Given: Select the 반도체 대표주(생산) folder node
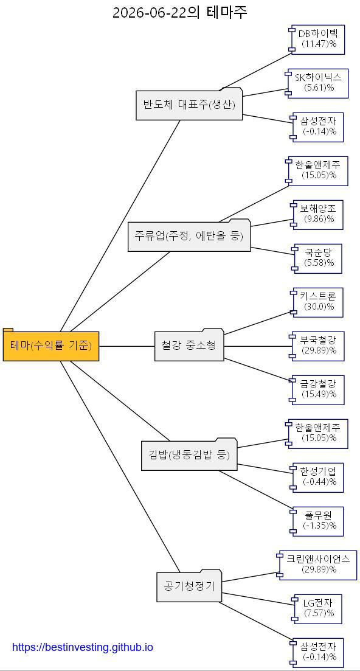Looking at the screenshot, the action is click(x=189, y=104).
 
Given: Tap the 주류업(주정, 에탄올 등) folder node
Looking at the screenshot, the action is click(x=189, y=235).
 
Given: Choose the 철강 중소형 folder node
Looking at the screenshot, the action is click(x=189, y=345).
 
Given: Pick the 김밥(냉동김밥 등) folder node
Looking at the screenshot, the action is click(x=189, y=454).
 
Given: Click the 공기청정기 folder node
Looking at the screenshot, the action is click(x=189, y=586).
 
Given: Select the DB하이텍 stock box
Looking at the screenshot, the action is click(x=316, y=40).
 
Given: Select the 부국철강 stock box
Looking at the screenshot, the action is click(x=316, y=346).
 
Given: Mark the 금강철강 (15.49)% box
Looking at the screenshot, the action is click(x=316, y=390).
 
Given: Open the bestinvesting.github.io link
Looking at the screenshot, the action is click(x=83, y=647).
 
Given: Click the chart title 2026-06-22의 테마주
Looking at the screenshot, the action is click(x=180, y=12).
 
